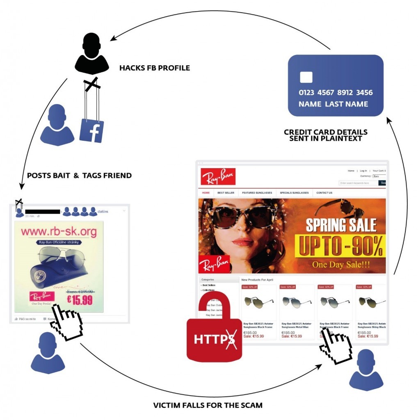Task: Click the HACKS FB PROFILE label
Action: (x=155, y=68)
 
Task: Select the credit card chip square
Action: (x=306, y=77)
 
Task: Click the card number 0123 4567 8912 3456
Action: (x=336, y=93)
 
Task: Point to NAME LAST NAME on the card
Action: (x=333, y=104)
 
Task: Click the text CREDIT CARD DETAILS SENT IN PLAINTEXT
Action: (x=326, y=135)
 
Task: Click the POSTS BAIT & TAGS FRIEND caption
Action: (x=79, y=176)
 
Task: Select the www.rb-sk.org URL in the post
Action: (x=59, y=232)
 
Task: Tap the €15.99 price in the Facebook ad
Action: (x=80, y=300)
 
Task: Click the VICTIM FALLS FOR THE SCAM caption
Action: (x=208, y=405)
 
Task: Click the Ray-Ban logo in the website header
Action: (x=218, y=176)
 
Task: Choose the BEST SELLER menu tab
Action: (x=226, y=193)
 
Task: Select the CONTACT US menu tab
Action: (x=324, y=193)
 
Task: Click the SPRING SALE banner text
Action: (x=341, y=225)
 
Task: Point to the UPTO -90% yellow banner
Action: (x=340, y=246)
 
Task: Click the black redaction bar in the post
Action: (x=43, y=212)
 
